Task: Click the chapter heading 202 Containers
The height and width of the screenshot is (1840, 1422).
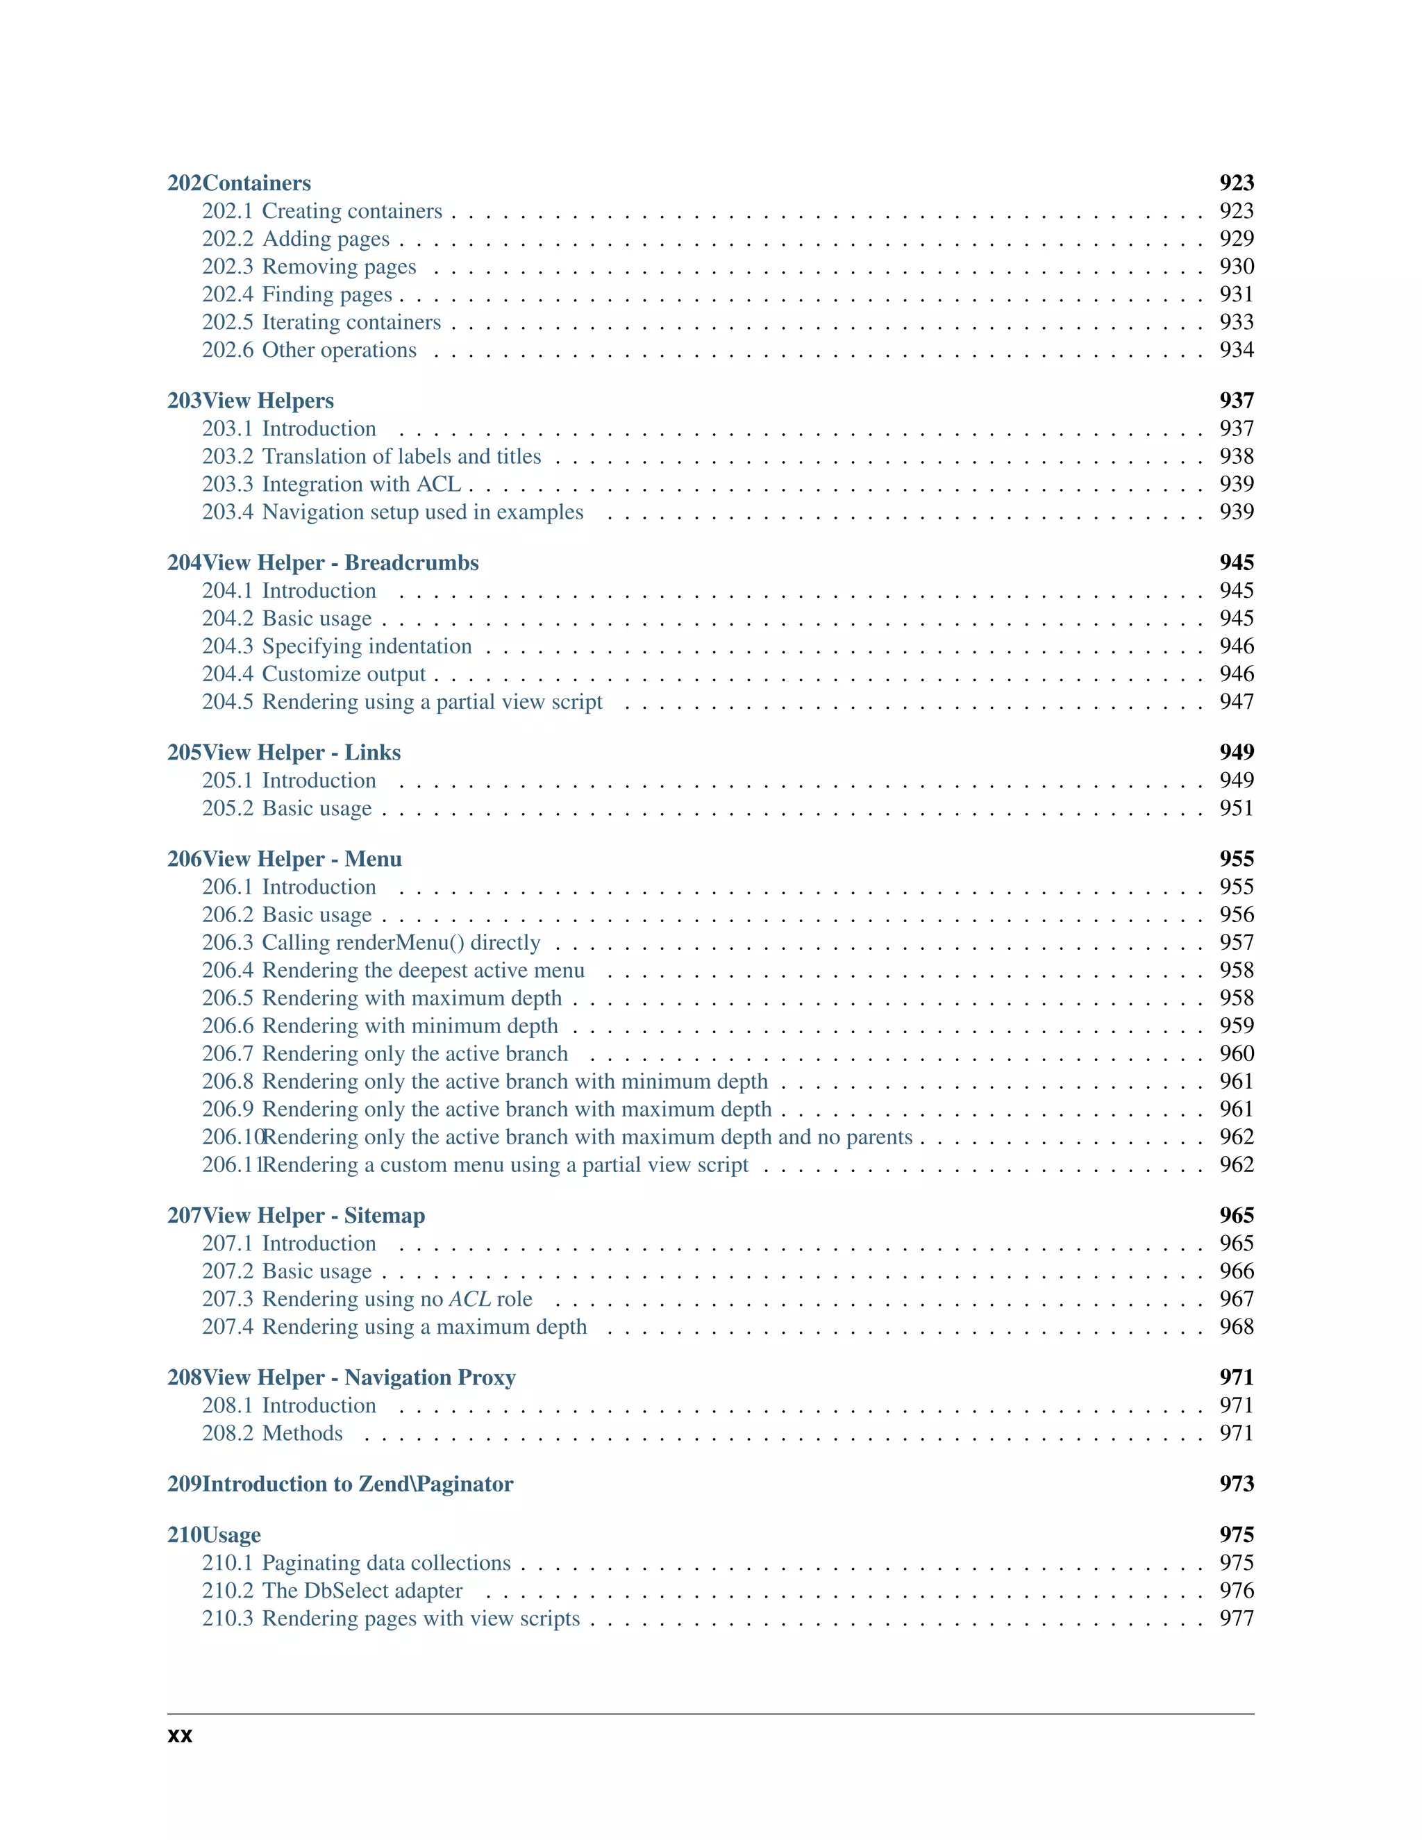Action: (240, 183)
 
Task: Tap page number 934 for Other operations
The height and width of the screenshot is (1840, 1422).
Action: (1236, 350)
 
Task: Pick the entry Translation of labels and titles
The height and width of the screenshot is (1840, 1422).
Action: (401, 457)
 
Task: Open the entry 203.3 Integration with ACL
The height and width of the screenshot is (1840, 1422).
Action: (332, 485)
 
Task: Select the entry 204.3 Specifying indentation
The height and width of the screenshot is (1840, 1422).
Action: (337, 646)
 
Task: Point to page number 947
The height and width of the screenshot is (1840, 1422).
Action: (1236, 702)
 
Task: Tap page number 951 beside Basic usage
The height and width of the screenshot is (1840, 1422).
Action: (1236, 808)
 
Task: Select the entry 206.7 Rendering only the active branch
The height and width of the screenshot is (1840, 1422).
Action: (385, 1054)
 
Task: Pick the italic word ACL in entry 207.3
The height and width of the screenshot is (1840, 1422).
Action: (469, 1299)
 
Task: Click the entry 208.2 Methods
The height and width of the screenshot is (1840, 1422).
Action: (272, 1433)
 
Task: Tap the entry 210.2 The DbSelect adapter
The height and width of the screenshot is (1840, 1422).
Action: (332, 1591)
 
